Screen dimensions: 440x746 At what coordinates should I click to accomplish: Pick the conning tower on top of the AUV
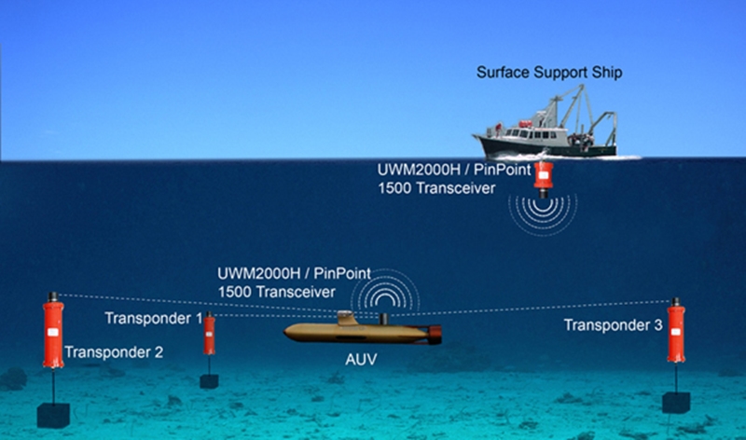click(x=347, y=318)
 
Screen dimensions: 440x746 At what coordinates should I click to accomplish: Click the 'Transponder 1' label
click(x=153, y=319)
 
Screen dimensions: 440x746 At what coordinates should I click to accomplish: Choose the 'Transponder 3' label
click(x=613, y=325)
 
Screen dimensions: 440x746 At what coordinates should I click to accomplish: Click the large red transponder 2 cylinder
click(x=52, y=331)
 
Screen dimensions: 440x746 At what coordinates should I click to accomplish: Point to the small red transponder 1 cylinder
click(x=210, y=336)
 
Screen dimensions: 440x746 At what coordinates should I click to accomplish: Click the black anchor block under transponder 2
click(x=52, y=415)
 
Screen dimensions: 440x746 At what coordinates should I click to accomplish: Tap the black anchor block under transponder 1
click(x=210, y=380)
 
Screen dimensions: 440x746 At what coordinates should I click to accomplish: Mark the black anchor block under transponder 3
click(x=676, y=402)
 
